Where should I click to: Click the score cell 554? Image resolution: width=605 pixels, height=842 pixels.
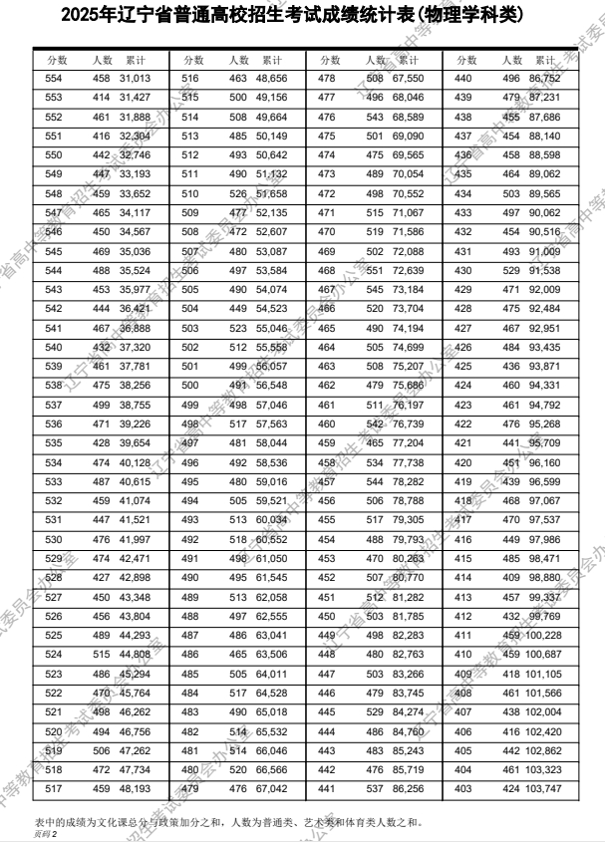54,78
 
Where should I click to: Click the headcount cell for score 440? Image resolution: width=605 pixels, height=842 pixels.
511,78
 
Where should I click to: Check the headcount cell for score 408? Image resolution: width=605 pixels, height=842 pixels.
511,692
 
